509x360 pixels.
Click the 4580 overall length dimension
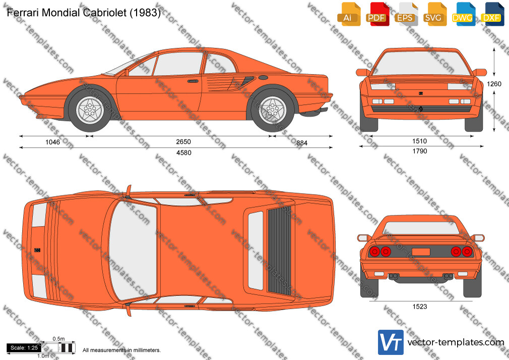184,153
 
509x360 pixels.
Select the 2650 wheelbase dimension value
183,142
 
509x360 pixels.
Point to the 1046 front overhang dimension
52,142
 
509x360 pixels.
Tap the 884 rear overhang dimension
301,143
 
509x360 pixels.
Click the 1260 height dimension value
494,84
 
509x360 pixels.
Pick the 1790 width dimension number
420,151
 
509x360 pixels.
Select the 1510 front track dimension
419,141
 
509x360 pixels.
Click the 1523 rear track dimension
420,307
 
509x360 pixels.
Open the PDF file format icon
377,14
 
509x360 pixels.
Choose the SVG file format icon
434,14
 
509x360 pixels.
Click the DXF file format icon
492,14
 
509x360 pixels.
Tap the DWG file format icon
463,14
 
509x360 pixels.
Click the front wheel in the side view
90,110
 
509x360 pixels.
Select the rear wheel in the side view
273,110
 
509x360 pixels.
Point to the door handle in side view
193,81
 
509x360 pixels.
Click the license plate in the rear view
421,252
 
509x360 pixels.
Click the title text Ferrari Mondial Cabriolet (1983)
84,12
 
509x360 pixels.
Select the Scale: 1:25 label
24,348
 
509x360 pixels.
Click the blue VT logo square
391,342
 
